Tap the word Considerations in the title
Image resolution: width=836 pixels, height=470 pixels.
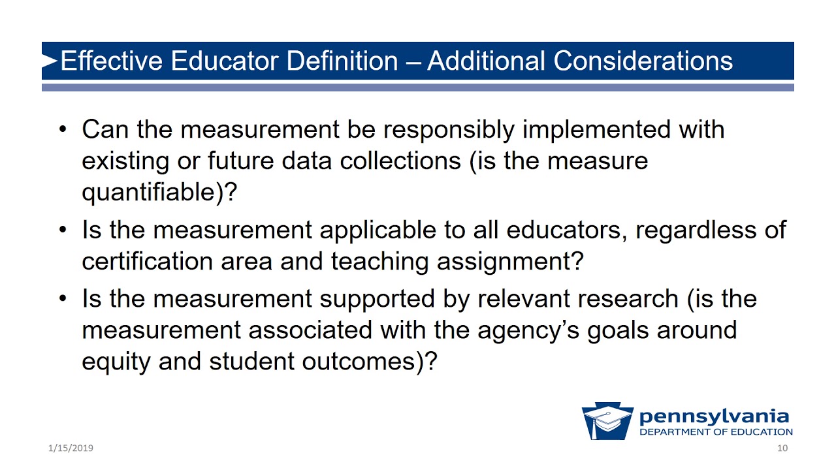[643, 61]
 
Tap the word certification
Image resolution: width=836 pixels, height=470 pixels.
[144, 261]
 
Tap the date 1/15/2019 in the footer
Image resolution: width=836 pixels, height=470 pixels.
[71, 448]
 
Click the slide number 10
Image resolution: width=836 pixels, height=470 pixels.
[782, 448]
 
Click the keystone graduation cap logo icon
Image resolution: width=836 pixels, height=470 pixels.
[607, 421]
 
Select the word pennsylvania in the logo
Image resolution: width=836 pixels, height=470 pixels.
[714, 416]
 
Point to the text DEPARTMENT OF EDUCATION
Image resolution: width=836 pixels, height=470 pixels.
[716, 432]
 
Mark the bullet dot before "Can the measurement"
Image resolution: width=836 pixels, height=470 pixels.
[63, 129]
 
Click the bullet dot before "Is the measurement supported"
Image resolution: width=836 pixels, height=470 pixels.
[63, 298]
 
